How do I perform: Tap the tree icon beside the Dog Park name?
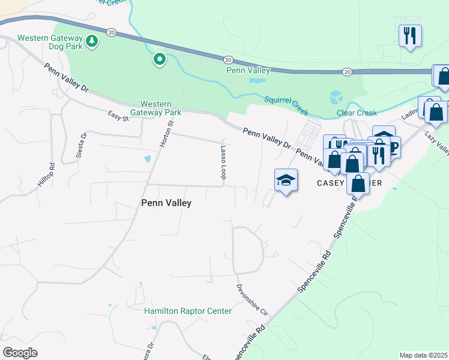click(x=91, y=41)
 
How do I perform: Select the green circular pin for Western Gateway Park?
click(x=159, y=59)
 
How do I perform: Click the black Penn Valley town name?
click(x=166, y=203)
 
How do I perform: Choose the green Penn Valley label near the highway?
click(x=248, y=70)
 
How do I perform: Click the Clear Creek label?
click(x=357, y=113)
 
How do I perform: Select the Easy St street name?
click(x=118, y=115)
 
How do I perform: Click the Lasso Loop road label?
click(x=223, y=163)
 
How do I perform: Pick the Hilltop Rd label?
click(x=47, y=173)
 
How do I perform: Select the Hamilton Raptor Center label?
click(x=187, y=311)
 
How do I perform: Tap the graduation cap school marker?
click(x=286, y=180)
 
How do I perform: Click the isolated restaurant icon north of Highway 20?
click(x=411, y=35)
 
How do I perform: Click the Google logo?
click(x=20, y=353)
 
